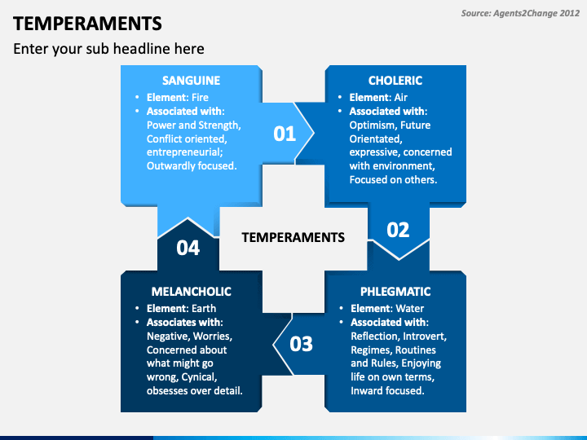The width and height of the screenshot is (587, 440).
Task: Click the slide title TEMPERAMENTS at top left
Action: [x=87, y=23]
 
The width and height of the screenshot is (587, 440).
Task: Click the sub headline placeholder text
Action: [x=108, y=49]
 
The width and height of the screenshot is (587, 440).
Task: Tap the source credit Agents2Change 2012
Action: [x=519, y=13]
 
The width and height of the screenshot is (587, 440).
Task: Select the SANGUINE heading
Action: [x=191, y=81]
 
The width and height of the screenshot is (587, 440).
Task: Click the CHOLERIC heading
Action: [x=395, y=81]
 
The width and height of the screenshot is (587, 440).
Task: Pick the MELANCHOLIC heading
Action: [x=191, y=291]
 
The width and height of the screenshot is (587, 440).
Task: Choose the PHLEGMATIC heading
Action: [x=395, y=291]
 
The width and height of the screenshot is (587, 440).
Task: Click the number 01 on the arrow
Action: [x=285, y=134]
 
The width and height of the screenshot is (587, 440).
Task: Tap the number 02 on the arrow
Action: [x=398, y=230]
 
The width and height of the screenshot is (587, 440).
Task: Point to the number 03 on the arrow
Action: [x=301, y=344]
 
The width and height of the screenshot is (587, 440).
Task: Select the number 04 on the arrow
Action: [x=188, y=248]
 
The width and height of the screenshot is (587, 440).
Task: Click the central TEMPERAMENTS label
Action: [x=293, y=237]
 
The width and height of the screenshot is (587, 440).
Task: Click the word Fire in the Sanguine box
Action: [x=200, y=97]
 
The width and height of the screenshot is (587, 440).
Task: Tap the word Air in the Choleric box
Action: [x=401, y=97]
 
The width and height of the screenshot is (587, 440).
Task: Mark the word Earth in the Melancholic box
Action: [x=203, y=308]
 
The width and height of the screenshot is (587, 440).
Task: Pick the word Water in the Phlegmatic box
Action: [x=410, y=308]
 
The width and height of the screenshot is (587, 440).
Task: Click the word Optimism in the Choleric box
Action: [x=374, y=125]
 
